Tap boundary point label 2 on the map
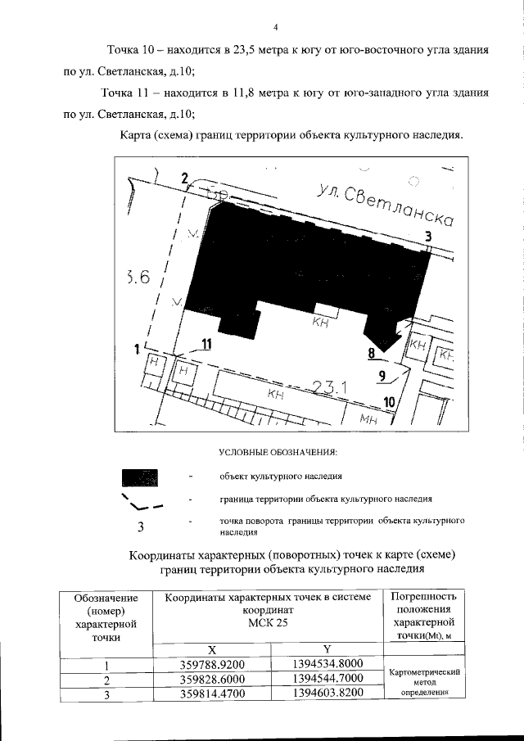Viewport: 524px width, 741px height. [185, 179]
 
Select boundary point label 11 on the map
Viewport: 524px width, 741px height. [206, 346]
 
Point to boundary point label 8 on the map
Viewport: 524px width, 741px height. [372, 355]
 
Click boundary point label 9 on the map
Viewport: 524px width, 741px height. [382, 377]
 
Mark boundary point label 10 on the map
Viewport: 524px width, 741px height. [390, 402]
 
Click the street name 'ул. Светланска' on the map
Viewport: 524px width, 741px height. [385, 206]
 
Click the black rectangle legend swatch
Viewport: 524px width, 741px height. [140, 478]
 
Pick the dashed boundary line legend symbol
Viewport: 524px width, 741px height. [140, 500]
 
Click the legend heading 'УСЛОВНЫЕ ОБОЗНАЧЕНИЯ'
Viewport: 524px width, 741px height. [278, 452]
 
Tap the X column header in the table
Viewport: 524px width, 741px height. [212, 648]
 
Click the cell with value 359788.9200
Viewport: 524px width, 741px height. [212, 664]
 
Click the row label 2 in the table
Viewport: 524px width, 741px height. [106, 680]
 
